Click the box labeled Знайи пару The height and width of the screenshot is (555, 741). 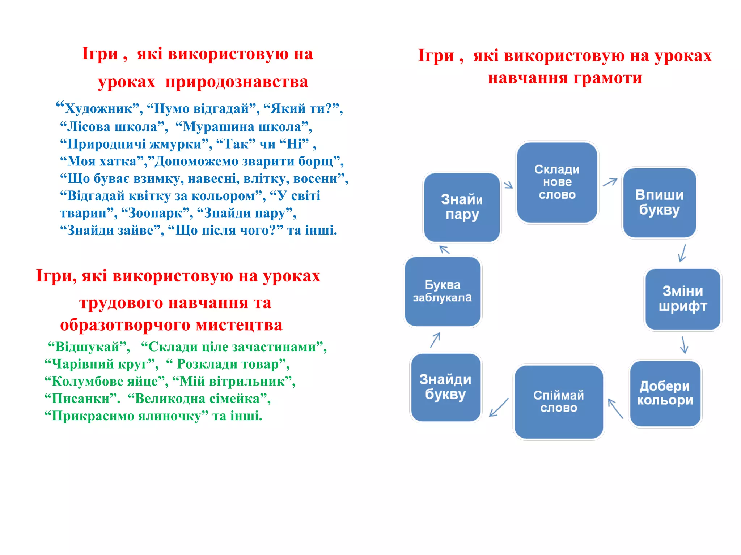(462, 207)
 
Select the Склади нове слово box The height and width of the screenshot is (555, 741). (557, 182)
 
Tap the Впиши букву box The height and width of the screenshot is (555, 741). (659, 202)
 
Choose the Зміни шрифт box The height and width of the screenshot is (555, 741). (682, 299)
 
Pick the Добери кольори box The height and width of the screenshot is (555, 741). (665, 393)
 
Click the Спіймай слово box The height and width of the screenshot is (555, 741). (559, 402)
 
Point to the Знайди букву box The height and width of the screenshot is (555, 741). (445, 387)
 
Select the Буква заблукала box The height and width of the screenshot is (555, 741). (443, 291)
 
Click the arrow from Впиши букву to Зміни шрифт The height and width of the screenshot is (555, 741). (682, 253)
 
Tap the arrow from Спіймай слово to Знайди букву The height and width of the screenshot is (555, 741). (499, 407)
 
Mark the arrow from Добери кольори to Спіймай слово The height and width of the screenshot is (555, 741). (615, 408)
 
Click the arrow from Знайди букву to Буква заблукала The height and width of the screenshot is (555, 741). (435, 340)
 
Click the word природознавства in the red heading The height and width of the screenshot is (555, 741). (237, 82)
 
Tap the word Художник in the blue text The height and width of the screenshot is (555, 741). (98, 108)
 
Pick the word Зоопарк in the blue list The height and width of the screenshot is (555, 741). (156, 213)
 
